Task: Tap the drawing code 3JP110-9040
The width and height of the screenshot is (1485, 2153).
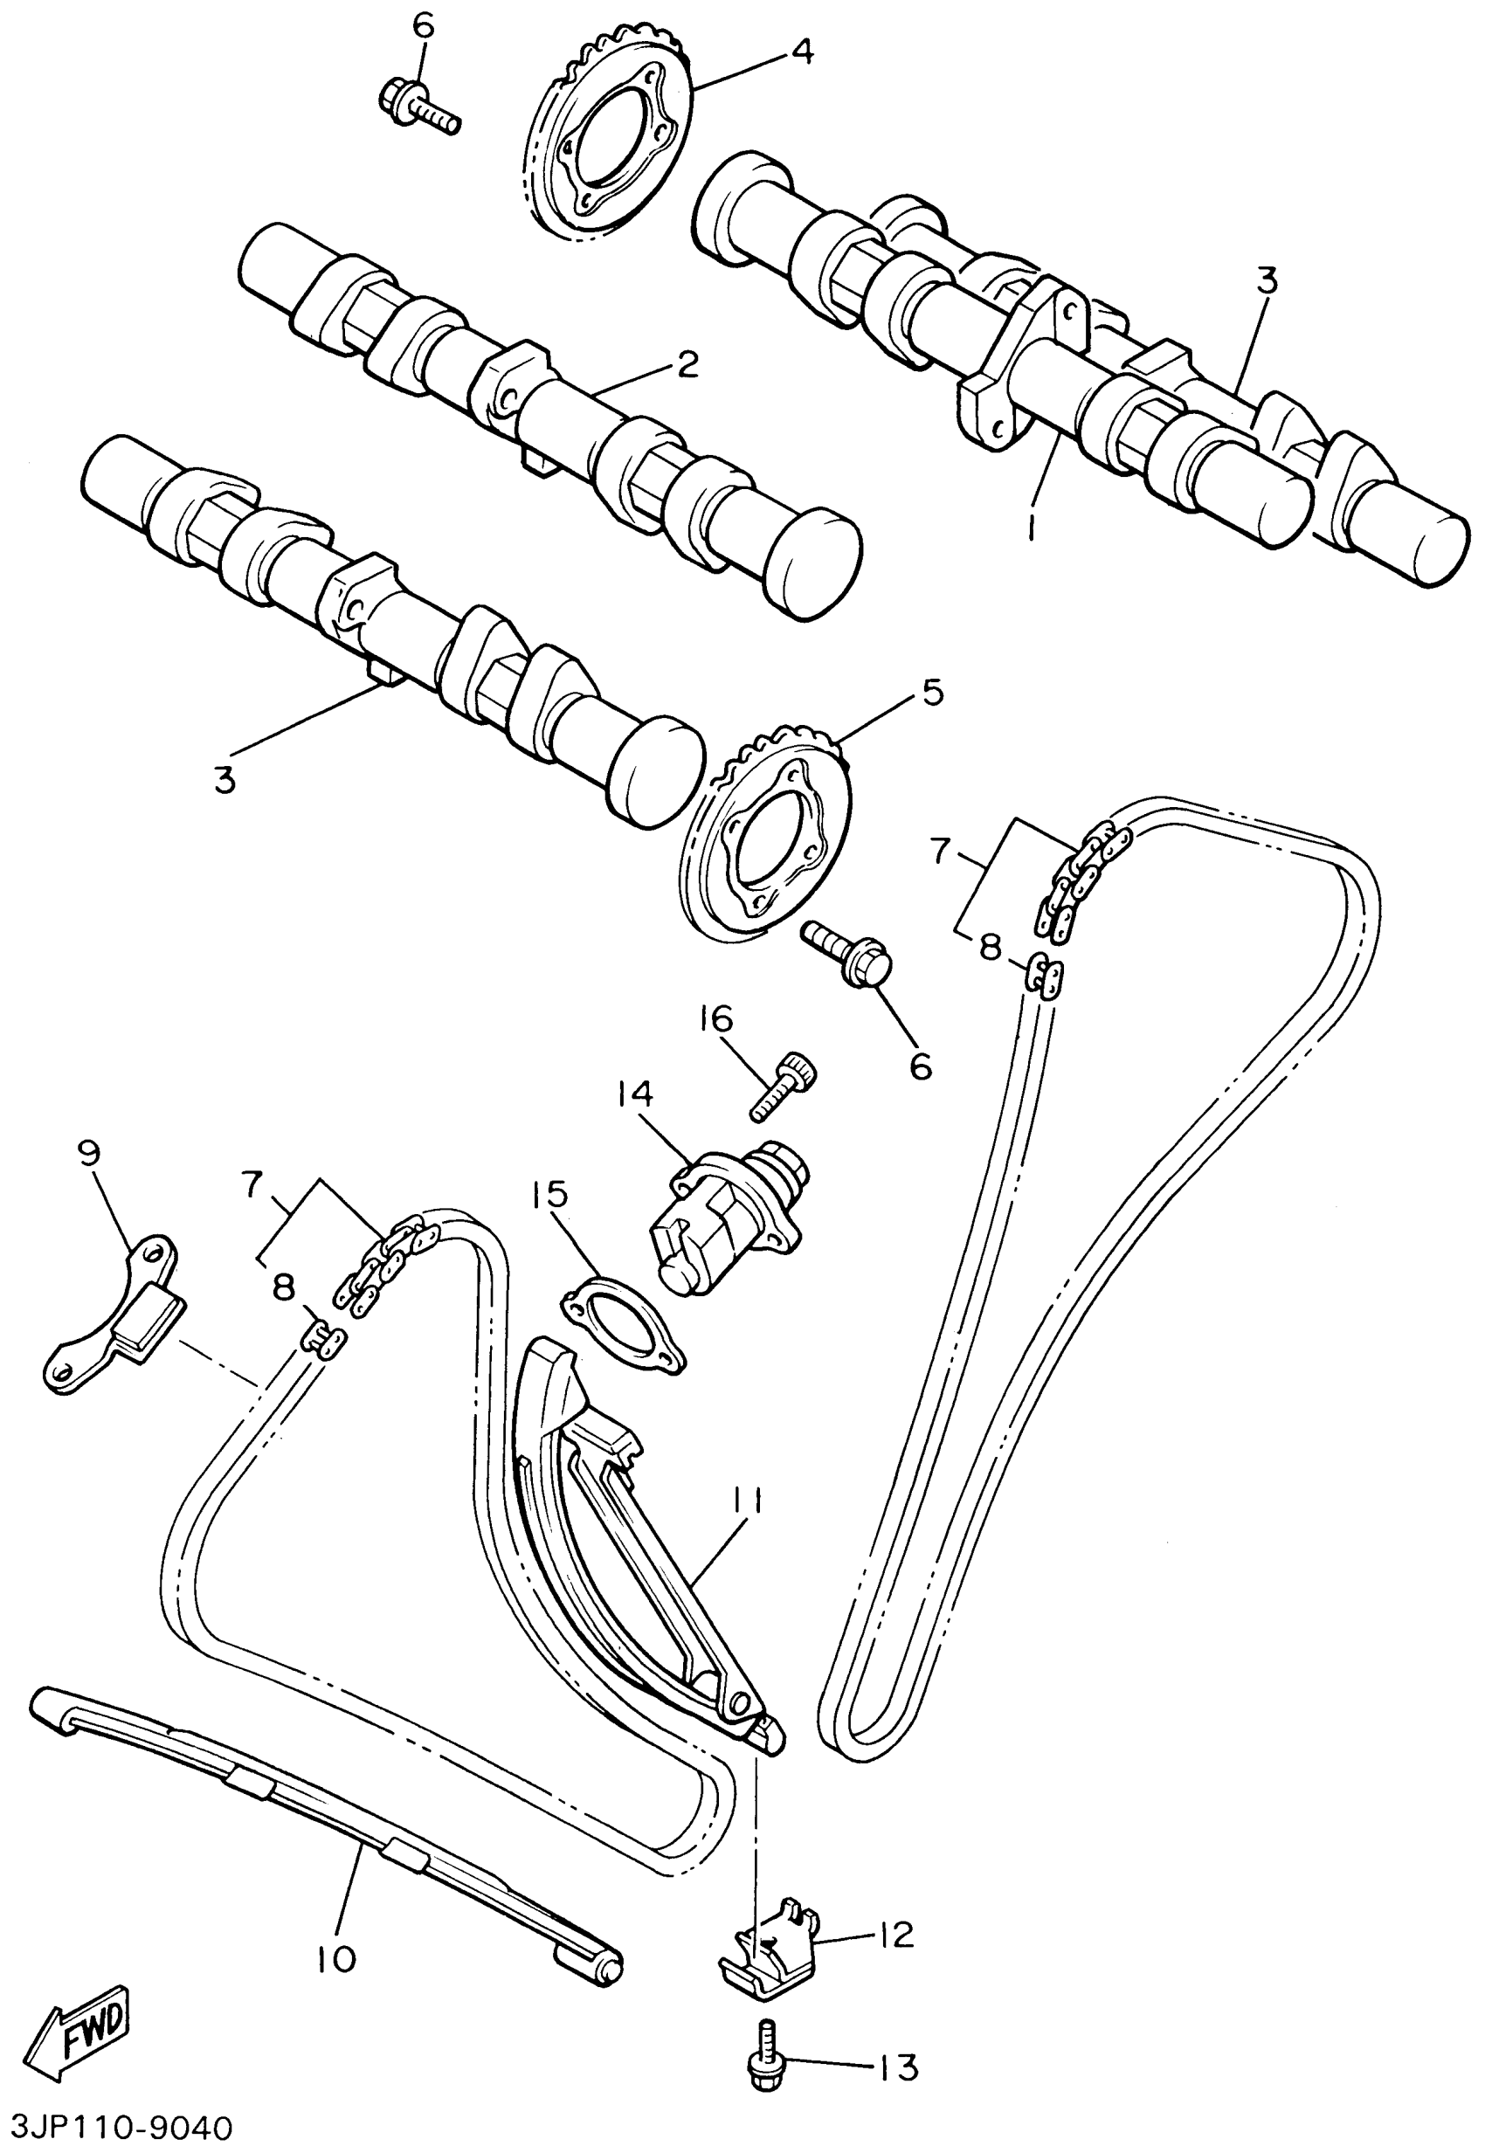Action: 117,2129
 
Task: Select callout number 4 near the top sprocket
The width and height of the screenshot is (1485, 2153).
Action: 801,52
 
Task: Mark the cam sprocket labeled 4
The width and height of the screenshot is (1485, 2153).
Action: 610,144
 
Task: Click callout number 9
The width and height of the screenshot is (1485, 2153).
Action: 89,1153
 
